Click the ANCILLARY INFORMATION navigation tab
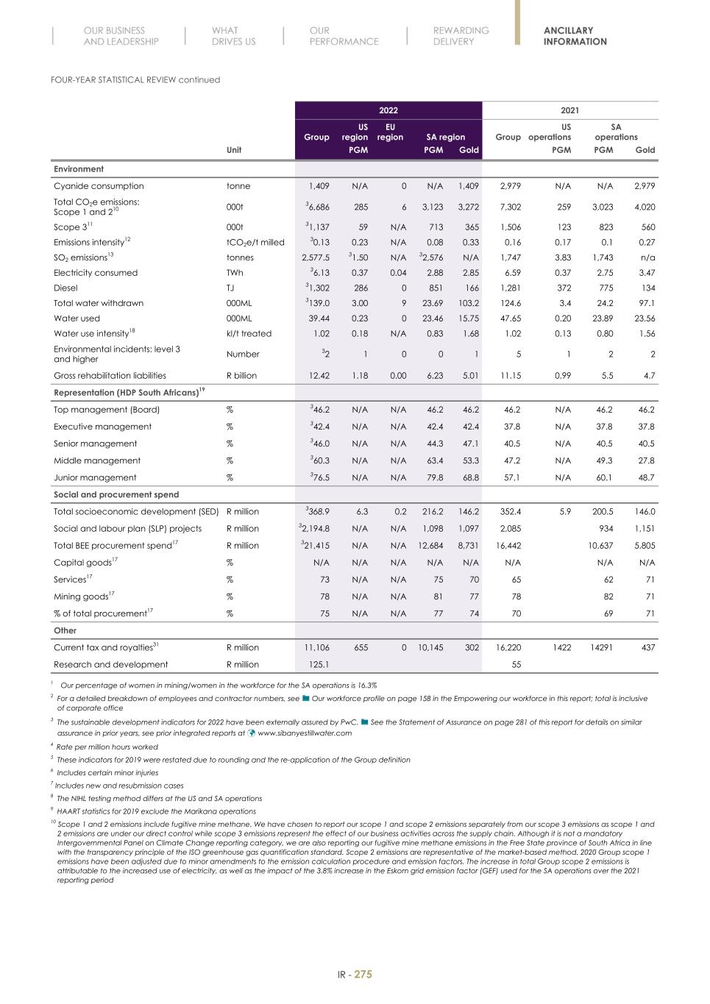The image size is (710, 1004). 575,36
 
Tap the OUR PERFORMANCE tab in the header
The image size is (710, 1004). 344,36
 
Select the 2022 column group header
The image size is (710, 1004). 388,110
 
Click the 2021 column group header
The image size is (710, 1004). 569,110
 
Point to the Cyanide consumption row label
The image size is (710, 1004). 99,186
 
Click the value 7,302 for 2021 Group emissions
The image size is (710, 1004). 509,207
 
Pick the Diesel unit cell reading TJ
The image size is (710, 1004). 230,288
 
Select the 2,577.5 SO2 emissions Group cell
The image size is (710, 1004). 316,257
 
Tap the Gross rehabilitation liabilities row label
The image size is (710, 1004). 110,375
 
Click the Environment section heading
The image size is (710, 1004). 79,169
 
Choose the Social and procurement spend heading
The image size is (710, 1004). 116,494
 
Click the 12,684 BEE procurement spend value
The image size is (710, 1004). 430,546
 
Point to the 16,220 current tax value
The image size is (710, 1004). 508,648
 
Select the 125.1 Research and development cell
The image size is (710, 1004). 317,665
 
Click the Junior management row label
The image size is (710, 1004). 95,477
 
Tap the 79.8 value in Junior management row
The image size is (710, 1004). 434,477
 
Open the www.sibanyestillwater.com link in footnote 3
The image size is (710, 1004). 304,733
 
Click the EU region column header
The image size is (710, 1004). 390,132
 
